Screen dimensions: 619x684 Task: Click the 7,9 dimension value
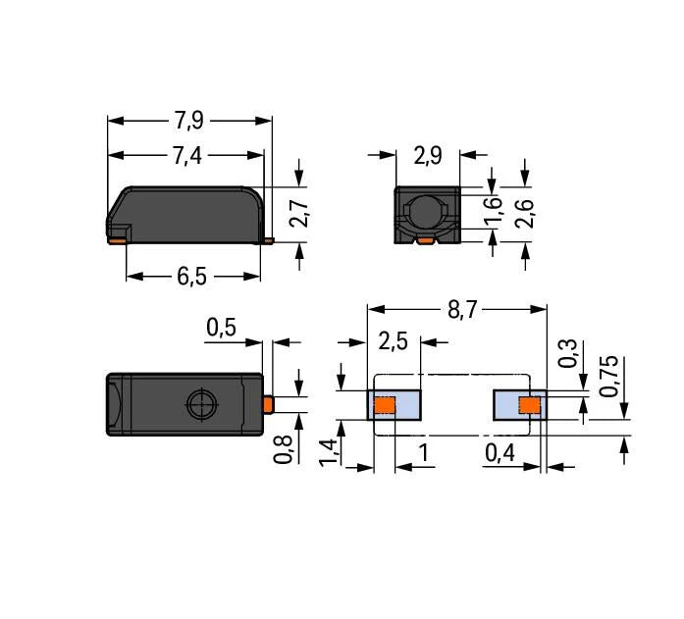[x=188, y=121]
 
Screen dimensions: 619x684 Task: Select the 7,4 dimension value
[x=186, y=156]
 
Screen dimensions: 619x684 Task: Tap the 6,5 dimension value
[x=191, y=277]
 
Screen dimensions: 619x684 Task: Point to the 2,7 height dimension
[x=299, y=214]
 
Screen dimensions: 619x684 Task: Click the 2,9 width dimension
[x=428, y=155]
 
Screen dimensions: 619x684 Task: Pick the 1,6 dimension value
[x=494, y=210]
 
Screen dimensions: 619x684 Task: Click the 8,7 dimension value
[x=463, y=310]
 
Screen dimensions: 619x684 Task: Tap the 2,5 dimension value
[x=395, y=342]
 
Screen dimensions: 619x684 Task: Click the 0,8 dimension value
[x=283, y=448]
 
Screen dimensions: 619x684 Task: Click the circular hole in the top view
[x=202, y=403]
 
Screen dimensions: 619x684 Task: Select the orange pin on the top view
[x=268, y=403]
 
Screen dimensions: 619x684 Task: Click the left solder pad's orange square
[x=385, y=404]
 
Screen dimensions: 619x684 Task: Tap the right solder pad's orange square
[x=531, y=404]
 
